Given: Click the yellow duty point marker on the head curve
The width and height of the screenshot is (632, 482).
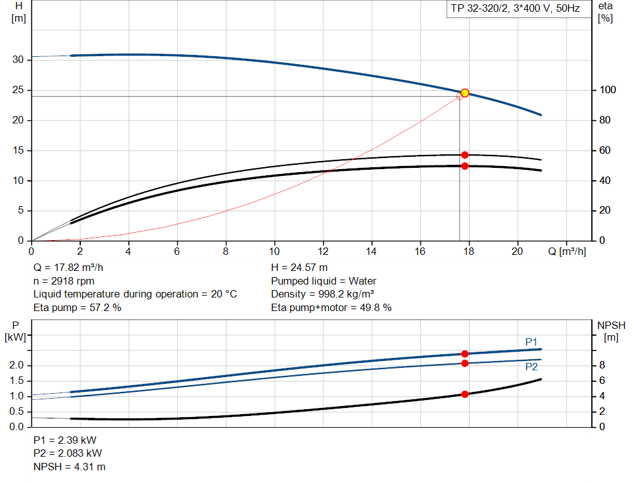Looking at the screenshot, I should (465, 93).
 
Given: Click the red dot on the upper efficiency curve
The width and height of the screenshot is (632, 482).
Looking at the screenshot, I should (465, 155).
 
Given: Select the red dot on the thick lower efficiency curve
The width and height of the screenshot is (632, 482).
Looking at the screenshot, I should (465, 166).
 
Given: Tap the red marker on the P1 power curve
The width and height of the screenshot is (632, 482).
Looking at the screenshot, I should (465, 354).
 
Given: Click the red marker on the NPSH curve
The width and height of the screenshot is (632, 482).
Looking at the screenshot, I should (465, 394).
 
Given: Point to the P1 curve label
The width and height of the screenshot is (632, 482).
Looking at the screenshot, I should (531, 341).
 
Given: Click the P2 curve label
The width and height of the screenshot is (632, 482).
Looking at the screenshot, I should (531, 367).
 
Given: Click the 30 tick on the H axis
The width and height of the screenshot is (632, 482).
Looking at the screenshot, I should (19, 60).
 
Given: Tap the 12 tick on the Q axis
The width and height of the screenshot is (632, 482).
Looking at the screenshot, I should (323, 251).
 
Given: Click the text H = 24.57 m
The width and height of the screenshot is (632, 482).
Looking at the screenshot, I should (299, 268).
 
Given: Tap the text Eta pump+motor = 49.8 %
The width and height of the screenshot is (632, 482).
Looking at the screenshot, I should (331, 307).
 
